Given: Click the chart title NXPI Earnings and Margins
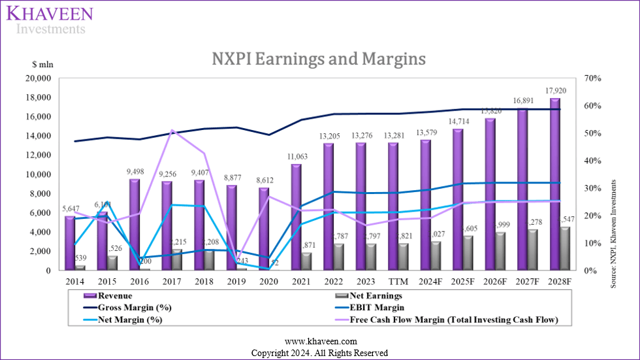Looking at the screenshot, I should point(319,59).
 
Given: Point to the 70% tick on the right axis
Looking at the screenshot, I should point(585,78).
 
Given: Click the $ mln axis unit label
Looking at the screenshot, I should point(42,65).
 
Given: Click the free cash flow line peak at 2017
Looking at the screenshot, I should point(171,130).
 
